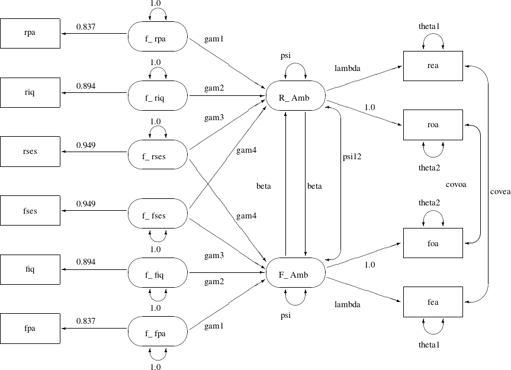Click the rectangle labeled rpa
click(30, 34)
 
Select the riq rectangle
click(30, 93)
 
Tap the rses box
click(30, 152)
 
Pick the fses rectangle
click(30, 211)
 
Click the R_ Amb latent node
click(294, 96)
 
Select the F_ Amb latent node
click(294, 274)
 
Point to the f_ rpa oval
click(158, 38)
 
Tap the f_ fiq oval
click(158, 274)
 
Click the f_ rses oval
click(158, 156)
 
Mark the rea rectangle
click(433, 66)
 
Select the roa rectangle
click(433, 125)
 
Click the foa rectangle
click(433, 243)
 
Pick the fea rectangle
click(433, 302)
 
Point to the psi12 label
click(352, 157)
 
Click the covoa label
click(456, 184)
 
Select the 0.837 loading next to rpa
click(87, 26)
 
